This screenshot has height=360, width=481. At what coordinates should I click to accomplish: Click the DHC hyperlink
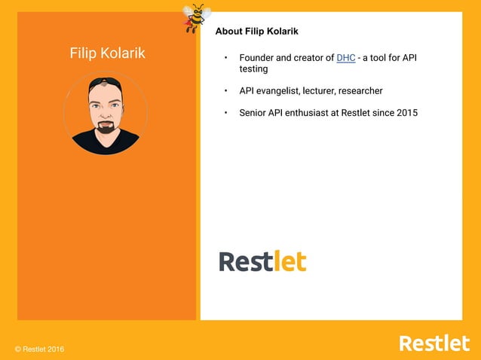pyautogui.click(x=346, y=58)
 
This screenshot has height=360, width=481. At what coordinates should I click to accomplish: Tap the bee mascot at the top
pyautogui.click(x=195, y=17)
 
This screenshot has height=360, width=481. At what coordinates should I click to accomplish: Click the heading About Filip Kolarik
pyautogui.click(x=256, y=32)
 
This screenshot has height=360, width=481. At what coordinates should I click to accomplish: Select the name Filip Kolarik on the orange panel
pyautogui.click(x=107, y=53)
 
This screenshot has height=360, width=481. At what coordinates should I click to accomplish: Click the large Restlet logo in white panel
pyautogui.click(x=262, y=261)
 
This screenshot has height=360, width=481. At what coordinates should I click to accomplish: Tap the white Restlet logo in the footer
pyautogui.click(x=434, y=343)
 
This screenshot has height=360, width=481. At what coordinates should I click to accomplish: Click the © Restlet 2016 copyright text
pyautogui.click(x=40, y=349)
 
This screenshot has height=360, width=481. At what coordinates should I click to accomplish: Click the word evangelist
pyautogui.click(x=279, y=91)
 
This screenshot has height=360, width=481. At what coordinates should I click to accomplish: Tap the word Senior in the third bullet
pyautogui.click(x=254, y=113)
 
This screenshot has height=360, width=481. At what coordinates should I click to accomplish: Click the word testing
pyautogui.click(x=253, y=69)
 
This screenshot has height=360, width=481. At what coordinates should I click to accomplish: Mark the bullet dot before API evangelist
pyautogui.click(x=225, y=91)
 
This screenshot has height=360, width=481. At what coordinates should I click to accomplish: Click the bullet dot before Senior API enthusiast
pyautogui.click(x=225, y=113)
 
